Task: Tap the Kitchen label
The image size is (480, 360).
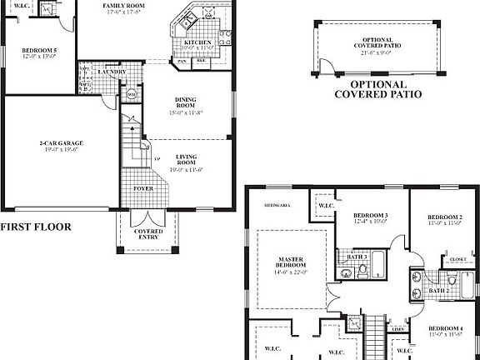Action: click(x=197, y=41)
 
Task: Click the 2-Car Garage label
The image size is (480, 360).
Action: click(x=62, y=143)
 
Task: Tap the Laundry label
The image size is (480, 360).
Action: click(x=111, y=72)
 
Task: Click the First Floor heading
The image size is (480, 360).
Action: click(x=35, y=226)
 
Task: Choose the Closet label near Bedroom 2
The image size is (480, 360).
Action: click(x=457, y=259)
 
